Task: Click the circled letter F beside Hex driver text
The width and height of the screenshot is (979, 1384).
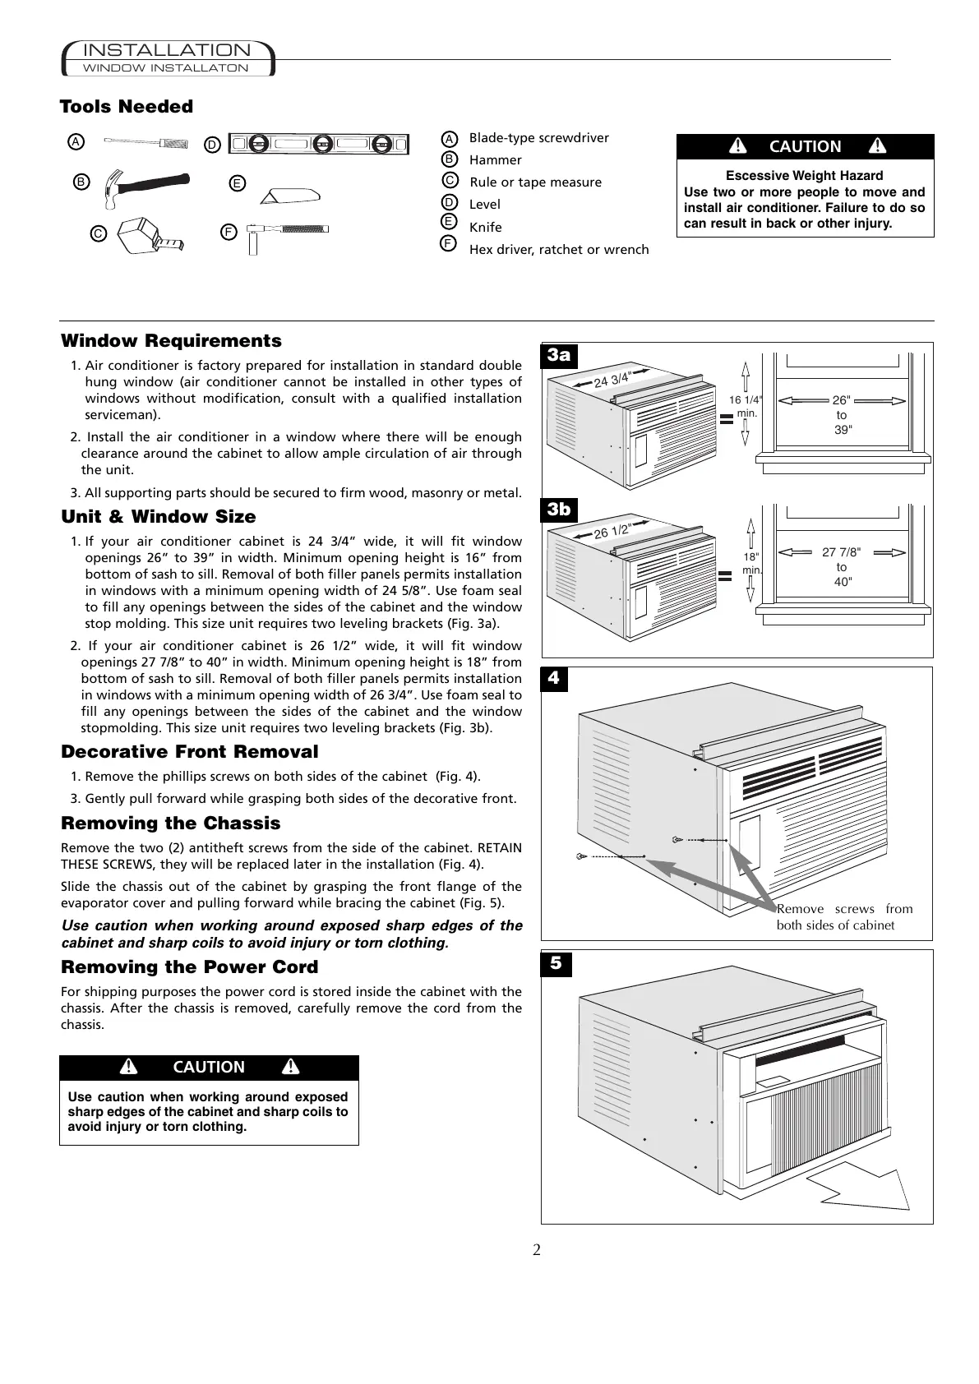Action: pyautogui.click(x=449, y=244)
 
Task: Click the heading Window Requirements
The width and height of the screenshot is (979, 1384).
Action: pyautogui.click(x=171, y=341)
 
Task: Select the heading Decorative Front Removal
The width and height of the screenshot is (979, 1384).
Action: pyautogui.click(x=190, y=752)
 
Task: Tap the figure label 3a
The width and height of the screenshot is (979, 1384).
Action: pyautogui.click(x=560, y=355)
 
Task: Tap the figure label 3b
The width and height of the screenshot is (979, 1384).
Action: pyautogui.click(x=559, y=510)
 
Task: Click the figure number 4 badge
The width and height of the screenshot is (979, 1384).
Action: pyautogui.click(x=555, y=679)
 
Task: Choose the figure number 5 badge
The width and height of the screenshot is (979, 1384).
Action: pyautogui.click(x=556, y=962)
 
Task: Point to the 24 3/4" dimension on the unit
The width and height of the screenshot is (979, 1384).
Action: pyautogui.click(x=612, y=380)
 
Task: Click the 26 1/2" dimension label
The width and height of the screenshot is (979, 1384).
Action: pyautogui.click(x=612, y=532)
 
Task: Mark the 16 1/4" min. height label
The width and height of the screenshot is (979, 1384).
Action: pyautogui.click(x=746, y=406)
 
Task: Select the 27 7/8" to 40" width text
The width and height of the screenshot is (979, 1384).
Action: pyautogui.click(x=842, y=567)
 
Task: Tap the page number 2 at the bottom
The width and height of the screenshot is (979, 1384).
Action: pyautogui.click(x=537, y=1250)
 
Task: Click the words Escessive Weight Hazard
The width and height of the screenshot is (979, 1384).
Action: pyautogui.click(x=804, y=176)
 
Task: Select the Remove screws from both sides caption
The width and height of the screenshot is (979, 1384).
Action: pyautogui.click(x=844, y=917)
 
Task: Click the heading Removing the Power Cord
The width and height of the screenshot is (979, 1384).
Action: pyautogui.click(x=190, y=967)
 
